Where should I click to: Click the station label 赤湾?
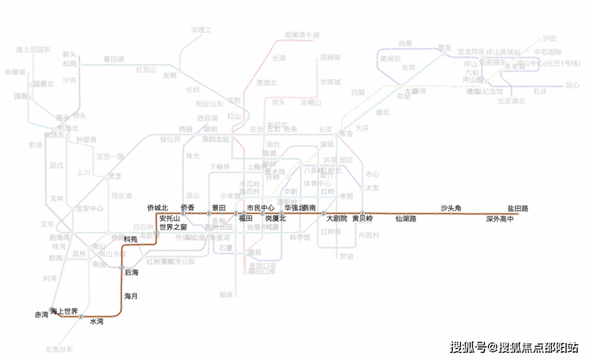42,315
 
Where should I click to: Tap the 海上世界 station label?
64,310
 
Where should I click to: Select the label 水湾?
96,322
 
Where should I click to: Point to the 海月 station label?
130,296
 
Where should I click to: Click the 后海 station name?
131,273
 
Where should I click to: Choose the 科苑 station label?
130,238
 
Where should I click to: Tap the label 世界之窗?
173,227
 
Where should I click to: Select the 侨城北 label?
158,208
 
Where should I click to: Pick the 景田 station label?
219,208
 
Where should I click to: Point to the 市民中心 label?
260,208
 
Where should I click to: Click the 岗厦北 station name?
275,218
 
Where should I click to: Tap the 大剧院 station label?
337,218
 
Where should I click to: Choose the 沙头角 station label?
452,208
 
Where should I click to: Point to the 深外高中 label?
499,218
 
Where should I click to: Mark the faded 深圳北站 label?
215,138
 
